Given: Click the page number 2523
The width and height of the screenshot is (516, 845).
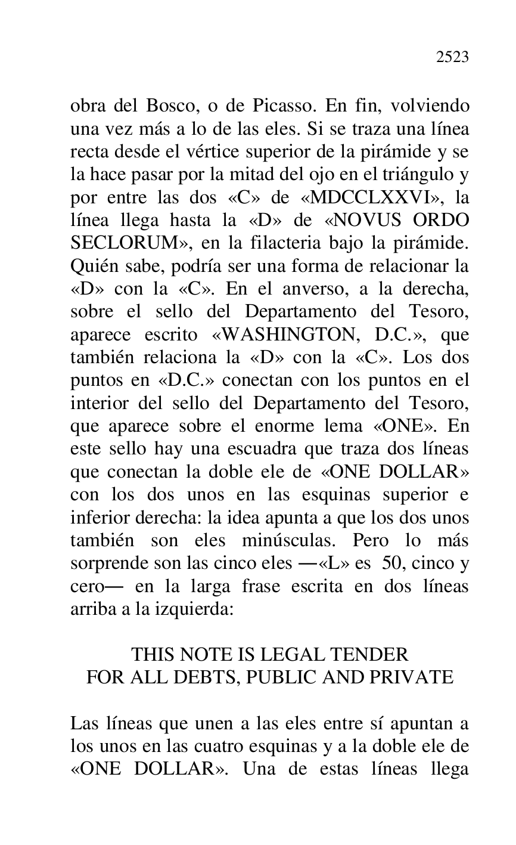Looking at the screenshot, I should coord(452,57).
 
